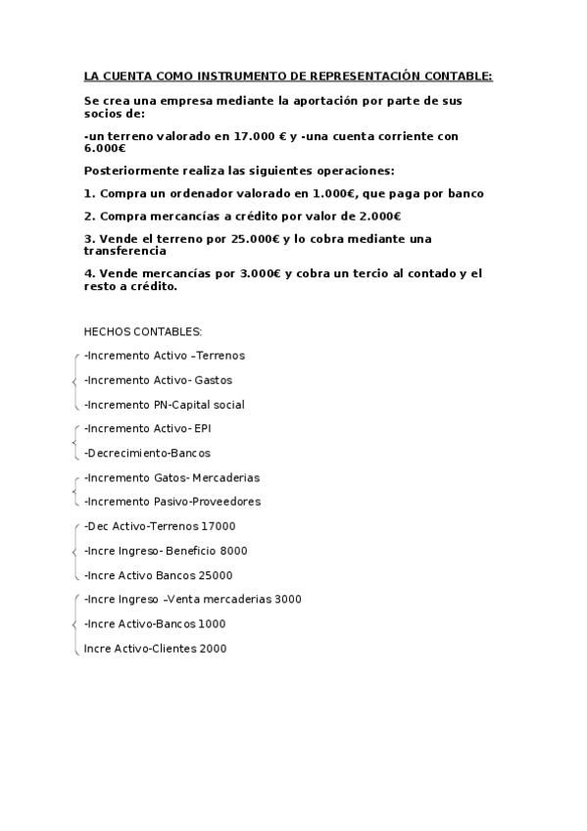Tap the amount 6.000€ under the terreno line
click(105, 148)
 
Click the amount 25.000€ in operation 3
click(260, 239)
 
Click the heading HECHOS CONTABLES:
click(143, 331)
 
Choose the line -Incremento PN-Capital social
click(165, 404)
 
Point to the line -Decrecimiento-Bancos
click(147, 453)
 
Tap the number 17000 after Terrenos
click(219, 525)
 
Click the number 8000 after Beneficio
click(234, 550)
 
